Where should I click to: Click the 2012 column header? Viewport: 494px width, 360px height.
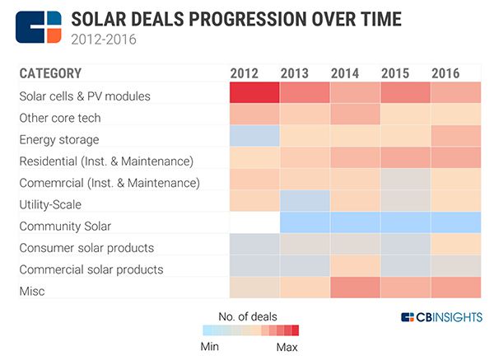point(245,72)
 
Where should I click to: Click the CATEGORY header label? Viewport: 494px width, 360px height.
point(50,72)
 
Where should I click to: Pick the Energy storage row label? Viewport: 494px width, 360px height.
point(58,139)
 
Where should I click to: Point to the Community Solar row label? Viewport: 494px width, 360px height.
point(65,226)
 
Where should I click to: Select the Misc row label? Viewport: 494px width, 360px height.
point(32,291)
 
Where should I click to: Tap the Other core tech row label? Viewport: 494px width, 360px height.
point(59,118)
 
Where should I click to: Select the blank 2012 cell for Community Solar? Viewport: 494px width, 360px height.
point(254,223)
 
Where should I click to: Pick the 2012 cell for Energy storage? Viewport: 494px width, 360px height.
point(254,137)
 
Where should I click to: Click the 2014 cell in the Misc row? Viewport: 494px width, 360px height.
point(355,288)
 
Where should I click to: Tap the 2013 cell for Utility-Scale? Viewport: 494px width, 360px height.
point(305,202)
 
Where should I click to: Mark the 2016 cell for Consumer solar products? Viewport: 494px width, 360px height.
point(456,245)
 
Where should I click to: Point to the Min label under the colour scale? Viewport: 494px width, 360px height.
point(211,346)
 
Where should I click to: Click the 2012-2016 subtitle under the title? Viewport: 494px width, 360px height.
point(103,38)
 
